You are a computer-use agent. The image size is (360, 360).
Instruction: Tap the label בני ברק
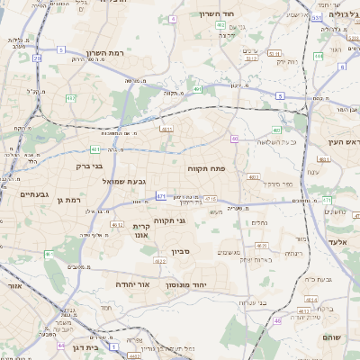point(86,166)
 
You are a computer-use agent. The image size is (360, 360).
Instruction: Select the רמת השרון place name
point(91,52)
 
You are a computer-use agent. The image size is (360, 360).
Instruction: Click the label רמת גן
point(68,200)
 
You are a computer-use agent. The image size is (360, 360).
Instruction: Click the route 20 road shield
point(37,58)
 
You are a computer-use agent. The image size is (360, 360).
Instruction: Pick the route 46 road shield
point(277,319)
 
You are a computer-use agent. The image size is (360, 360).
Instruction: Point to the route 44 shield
point(61,346)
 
